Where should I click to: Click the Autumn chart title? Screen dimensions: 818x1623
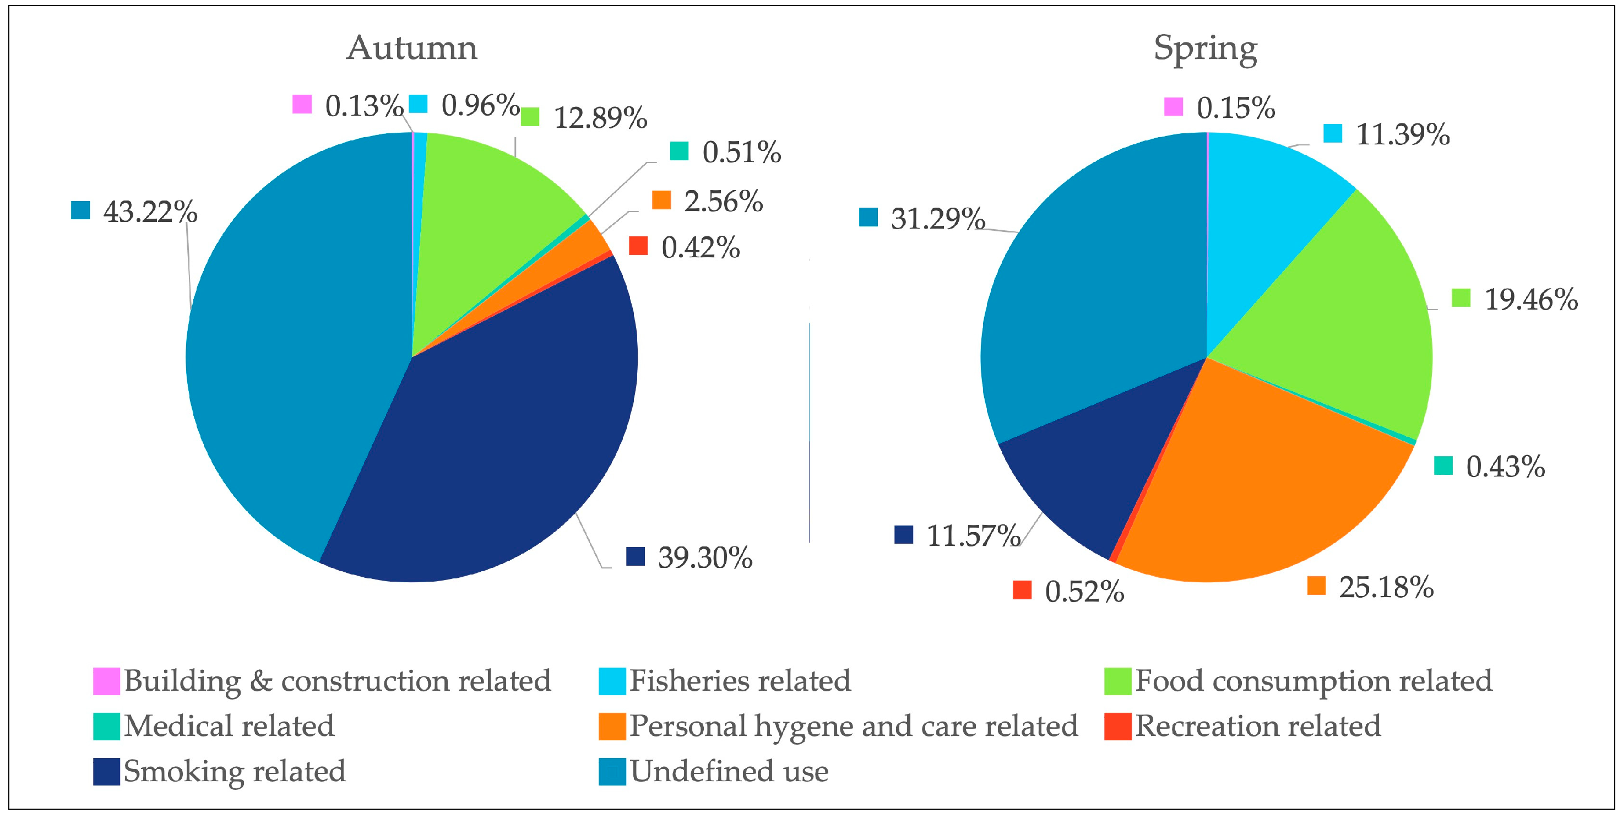coord(412,48)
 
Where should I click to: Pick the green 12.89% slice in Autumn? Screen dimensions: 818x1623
coord(491,202)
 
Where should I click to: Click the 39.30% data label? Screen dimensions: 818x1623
coord(705,557)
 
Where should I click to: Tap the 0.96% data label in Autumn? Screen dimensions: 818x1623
coord(480,105)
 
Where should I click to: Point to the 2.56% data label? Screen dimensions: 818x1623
coord(723,202)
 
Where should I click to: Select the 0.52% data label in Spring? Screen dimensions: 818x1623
coord(1084,591)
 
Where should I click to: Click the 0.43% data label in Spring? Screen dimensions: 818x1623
coord(1505,467)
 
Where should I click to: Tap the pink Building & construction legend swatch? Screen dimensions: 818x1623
coord(106,681)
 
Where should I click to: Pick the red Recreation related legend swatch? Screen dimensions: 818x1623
coord(1117,726)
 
